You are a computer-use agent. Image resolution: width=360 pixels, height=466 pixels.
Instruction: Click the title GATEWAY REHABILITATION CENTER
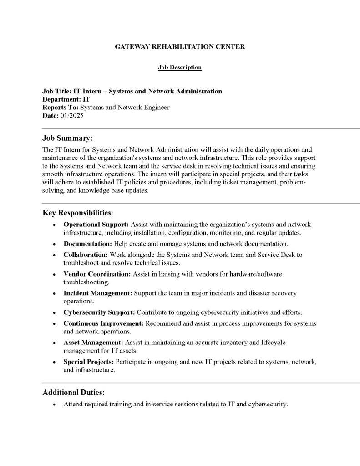[180, 47]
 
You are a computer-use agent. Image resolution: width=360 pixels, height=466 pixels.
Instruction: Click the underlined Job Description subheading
[180, 67]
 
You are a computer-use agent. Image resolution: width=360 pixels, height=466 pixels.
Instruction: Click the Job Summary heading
[67, 138]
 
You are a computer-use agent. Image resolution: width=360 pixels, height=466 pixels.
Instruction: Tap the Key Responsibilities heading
[78, 213]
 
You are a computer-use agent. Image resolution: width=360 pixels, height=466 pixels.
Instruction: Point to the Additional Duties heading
[73, 392]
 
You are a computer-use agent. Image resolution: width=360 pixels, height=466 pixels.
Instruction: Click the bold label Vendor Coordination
[97, 274]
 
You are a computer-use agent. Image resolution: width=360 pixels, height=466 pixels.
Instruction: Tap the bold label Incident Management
[98, 293]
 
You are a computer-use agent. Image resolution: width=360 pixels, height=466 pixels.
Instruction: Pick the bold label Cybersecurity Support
[99, 312]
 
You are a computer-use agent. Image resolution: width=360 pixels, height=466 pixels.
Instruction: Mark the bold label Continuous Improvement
[103, 323]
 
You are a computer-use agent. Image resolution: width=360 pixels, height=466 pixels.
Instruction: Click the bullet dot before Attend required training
[55, 404]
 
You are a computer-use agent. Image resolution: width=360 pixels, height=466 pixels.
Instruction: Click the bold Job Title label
[57, 91]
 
